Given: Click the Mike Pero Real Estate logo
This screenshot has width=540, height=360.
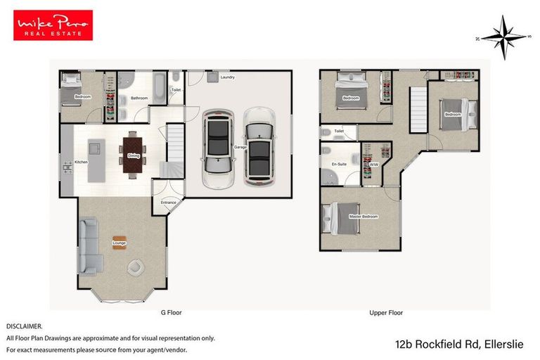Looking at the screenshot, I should tap(53, 25).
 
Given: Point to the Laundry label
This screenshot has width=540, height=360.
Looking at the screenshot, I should tap(227, 77).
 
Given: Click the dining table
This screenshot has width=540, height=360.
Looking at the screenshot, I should tap(134, 154).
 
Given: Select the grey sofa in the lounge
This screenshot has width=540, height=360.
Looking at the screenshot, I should tap(89, 246).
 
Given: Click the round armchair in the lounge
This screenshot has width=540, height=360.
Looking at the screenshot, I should tap(136, 267).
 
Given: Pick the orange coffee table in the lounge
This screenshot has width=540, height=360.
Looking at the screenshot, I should tap(119, 242).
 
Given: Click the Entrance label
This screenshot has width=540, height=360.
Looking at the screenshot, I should tap(169, 202).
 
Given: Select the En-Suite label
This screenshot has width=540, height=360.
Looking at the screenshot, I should tap(338, 164).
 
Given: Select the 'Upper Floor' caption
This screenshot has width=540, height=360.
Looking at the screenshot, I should tap(386, 312).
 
